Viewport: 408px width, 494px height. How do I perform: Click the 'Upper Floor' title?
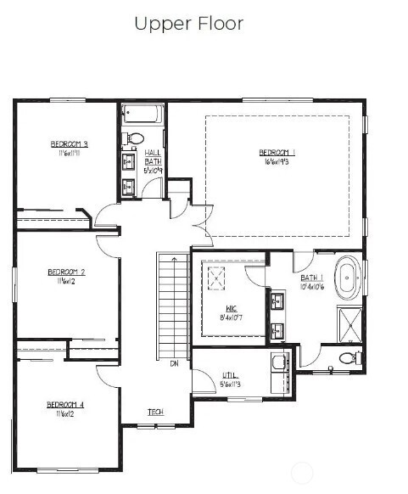188,24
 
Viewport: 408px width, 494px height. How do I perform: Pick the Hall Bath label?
154,156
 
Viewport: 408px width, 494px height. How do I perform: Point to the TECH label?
155,413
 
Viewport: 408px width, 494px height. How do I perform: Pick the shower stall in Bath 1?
349,321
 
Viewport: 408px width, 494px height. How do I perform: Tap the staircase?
172,306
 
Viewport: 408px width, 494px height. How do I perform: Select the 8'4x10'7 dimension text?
231,318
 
